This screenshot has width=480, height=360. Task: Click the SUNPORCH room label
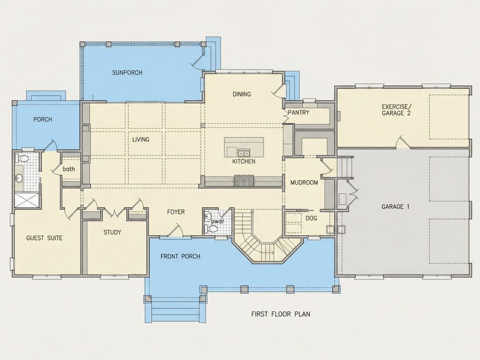(x=127, y=73)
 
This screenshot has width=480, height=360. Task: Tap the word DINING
(x=242, y=94)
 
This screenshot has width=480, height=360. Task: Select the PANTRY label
(x=298, y=113)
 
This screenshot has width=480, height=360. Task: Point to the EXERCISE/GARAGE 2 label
(x=396, y=110)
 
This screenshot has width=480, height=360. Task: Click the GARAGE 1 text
(x=395, y=207)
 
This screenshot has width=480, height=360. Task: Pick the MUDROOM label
(x=304, y=183)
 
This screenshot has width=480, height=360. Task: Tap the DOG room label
(x=311, y=218)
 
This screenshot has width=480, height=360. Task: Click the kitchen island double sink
(x=244, y=152)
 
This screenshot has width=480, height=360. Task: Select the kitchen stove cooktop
(x=244, y=181)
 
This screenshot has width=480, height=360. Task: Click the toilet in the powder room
(x=213, y=229)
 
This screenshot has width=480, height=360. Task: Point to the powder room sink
(x=208, y=216)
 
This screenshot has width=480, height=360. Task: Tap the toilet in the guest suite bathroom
(x=22, y=159)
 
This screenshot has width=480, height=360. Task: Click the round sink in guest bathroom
(x=19, y=178)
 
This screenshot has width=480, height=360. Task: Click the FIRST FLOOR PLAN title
(x=281, y=314)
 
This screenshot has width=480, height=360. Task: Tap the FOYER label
(x=176, y=212)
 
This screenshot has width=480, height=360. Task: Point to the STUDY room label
(x=112, y=232)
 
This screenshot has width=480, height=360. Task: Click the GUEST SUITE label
(x=45, y=238)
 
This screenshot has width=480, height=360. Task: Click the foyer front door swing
(x=176, y=230)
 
